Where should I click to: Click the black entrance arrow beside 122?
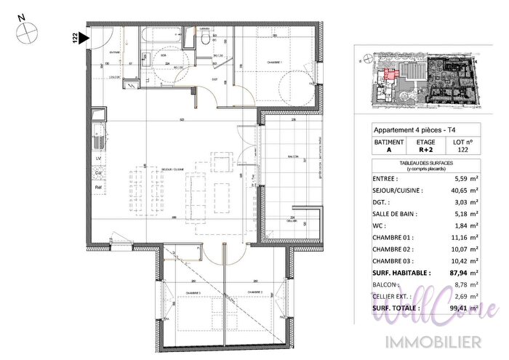point(85,36)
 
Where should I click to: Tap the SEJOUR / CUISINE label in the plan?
point(174,168)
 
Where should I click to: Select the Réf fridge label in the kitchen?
point(98,188)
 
